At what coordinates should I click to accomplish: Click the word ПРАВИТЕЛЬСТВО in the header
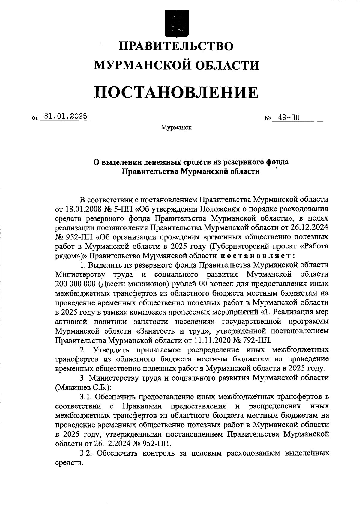coord(176,46)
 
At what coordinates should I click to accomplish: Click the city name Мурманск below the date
coord(176,128)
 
